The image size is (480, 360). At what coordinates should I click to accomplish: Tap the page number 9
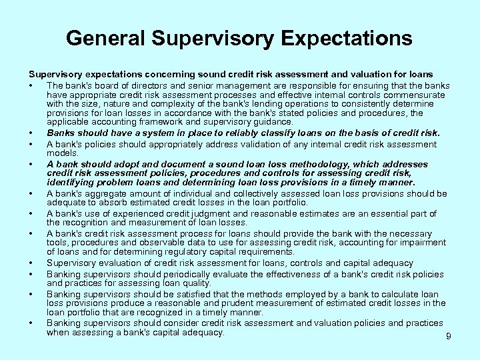coord(449,337)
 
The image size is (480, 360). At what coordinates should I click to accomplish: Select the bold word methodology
coord(309,164)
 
